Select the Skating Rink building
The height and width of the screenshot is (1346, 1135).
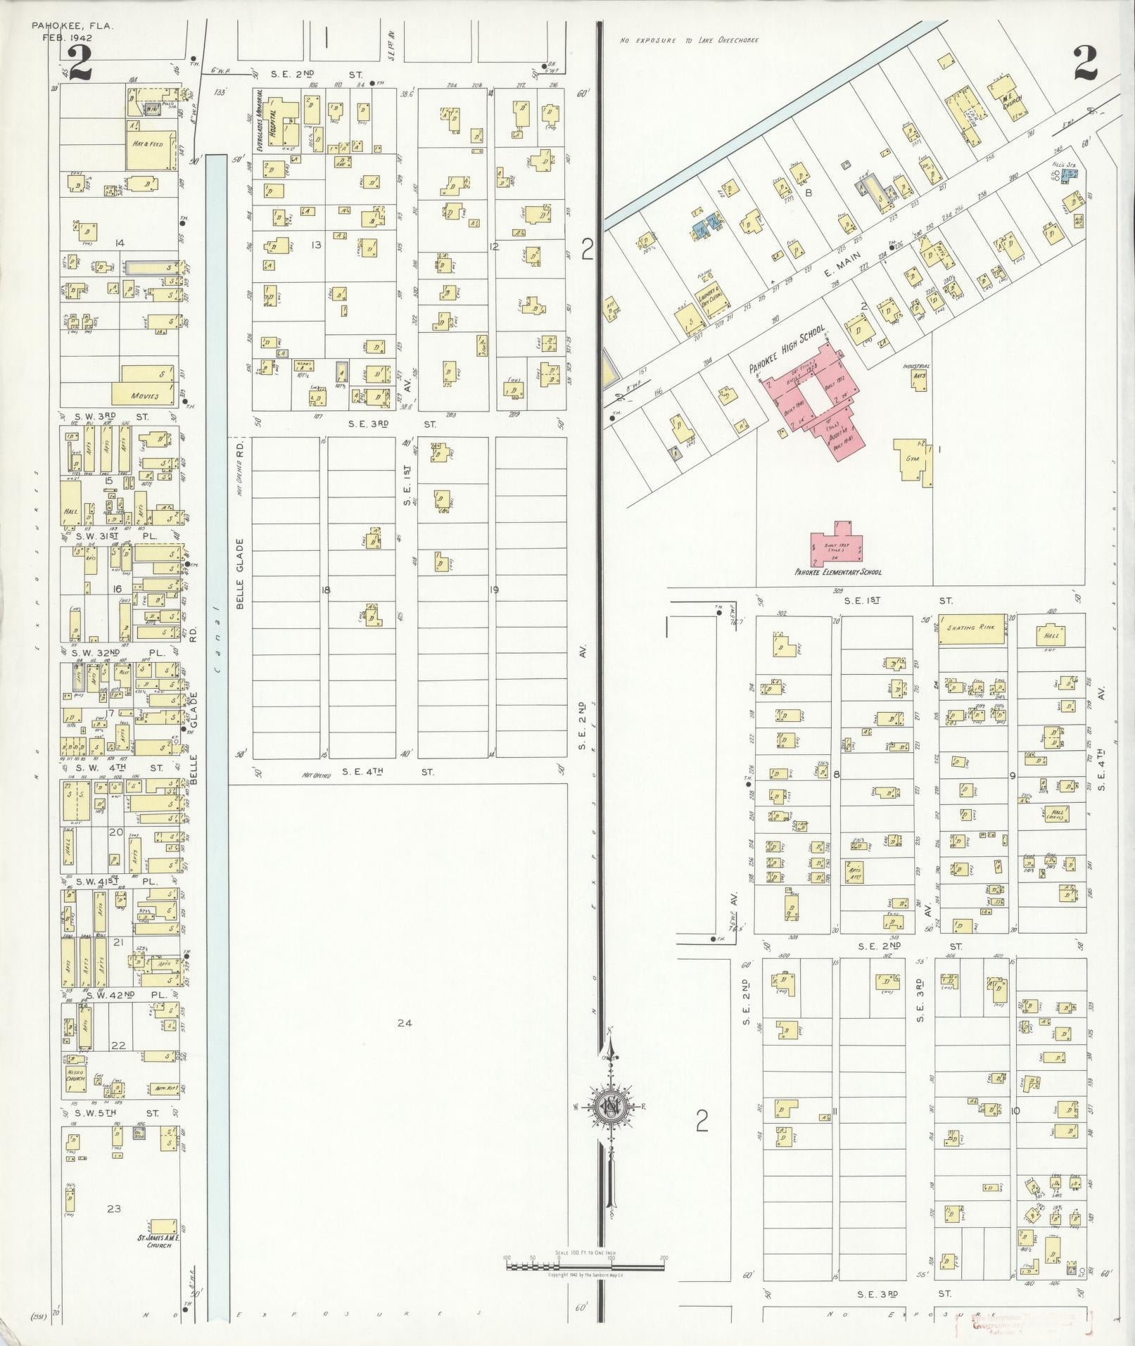[x=971, y=627]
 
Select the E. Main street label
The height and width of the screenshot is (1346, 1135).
[x=831, y=266]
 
